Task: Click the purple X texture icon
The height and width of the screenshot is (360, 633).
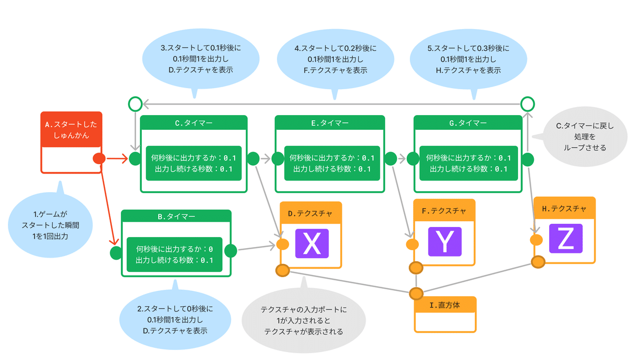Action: point(312,243)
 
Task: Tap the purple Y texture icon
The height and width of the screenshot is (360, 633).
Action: point(445,242)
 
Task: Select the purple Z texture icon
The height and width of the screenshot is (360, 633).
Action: point(565,239)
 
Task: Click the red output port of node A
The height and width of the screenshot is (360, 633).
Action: point(99,158)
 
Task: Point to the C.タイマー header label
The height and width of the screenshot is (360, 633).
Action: point(194,123)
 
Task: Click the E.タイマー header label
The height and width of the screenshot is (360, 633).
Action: point(330,123)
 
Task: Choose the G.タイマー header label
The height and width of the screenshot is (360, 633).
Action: point(468,123)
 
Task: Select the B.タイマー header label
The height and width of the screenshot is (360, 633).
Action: point(176,216)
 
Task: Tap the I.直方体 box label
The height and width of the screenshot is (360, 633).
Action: point(445,305)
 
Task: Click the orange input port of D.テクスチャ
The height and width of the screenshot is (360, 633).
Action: point(282,244)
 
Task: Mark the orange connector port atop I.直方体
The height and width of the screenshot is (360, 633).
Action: point(416,293)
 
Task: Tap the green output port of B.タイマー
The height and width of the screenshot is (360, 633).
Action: point(231,251)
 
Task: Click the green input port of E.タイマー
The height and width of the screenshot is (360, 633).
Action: point(278,159)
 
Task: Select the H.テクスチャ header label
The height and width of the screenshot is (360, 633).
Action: point(564,209)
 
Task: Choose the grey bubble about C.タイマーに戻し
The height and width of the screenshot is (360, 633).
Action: point(583,137)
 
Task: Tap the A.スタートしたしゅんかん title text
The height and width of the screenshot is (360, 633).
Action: point(71,130)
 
